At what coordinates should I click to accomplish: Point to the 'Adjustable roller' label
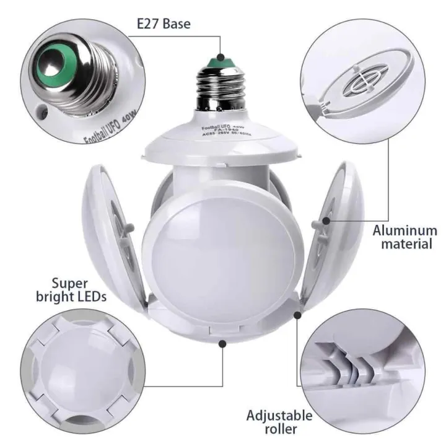pos(280,421)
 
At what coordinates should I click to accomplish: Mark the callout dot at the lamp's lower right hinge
pos(297,315)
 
